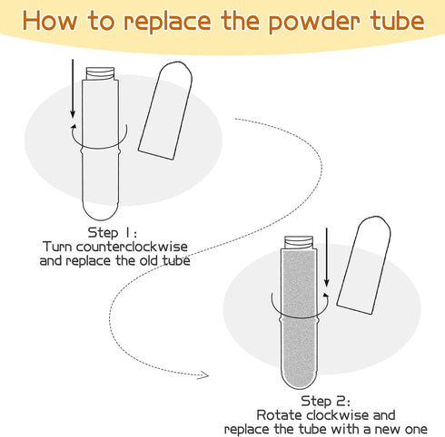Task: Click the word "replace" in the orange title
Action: [x=167, y=21]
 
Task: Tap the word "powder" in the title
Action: [x=314, y=22]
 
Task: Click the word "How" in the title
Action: [x=50, y=21]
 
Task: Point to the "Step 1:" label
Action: [x=113, y=233]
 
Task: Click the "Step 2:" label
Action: [x=325, y=402]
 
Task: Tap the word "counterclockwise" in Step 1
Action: [x=132, y=247]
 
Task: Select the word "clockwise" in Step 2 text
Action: [x=338, y=415]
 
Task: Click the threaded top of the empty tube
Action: [x=100, y=73]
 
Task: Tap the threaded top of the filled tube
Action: [x=299, y=243]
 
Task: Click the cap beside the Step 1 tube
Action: [x=165, y=111]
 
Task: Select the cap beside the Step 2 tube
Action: [x=364, y=266]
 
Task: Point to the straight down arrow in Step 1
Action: [x=73, y=89]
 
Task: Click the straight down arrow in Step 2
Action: [x=326, y=257]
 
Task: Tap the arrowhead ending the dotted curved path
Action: [x=203, y=375]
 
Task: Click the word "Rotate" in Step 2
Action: [x=281, y=415]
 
